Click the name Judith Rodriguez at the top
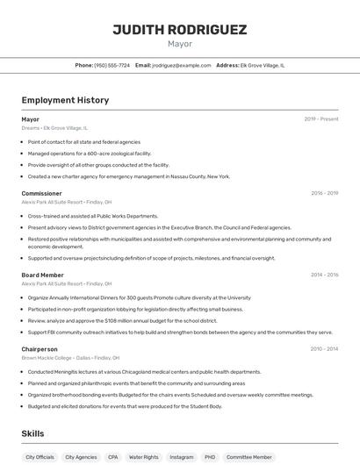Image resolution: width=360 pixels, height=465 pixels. point(180,30)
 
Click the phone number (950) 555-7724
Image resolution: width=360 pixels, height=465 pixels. point(112,65)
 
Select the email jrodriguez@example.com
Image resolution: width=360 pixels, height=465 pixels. point(182,65)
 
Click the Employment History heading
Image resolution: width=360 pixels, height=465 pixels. point(65,100)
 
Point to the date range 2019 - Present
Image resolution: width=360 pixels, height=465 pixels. point(321,118)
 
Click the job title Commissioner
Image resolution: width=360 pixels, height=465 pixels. point(41,193)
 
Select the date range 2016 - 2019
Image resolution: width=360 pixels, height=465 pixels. point(324,193)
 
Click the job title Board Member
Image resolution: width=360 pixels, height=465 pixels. point(42,275)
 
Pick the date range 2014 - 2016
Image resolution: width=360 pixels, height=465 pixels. point(324,275)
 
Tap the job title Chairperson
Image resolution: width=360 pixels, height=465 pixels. point(40,348)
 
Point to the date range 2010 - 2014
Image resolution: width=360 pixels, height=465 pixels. point(324,348)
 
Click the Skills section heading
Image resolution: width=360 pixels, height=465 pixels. point(32,433)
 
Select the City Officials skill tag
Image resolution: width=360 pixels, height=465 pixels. point(40,457)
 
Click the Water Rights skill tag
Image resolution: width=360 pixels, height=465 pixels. point(144,457)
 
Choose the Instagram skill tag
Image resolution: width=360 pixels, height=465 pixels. point(182,457)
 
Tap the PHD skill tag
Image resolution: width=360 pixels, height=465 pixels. point(210,457)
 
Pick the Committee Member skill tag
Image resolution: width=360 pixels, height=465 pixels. point(249,457)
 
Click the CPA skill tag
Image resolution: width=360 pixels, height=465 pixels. point(112,457)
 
